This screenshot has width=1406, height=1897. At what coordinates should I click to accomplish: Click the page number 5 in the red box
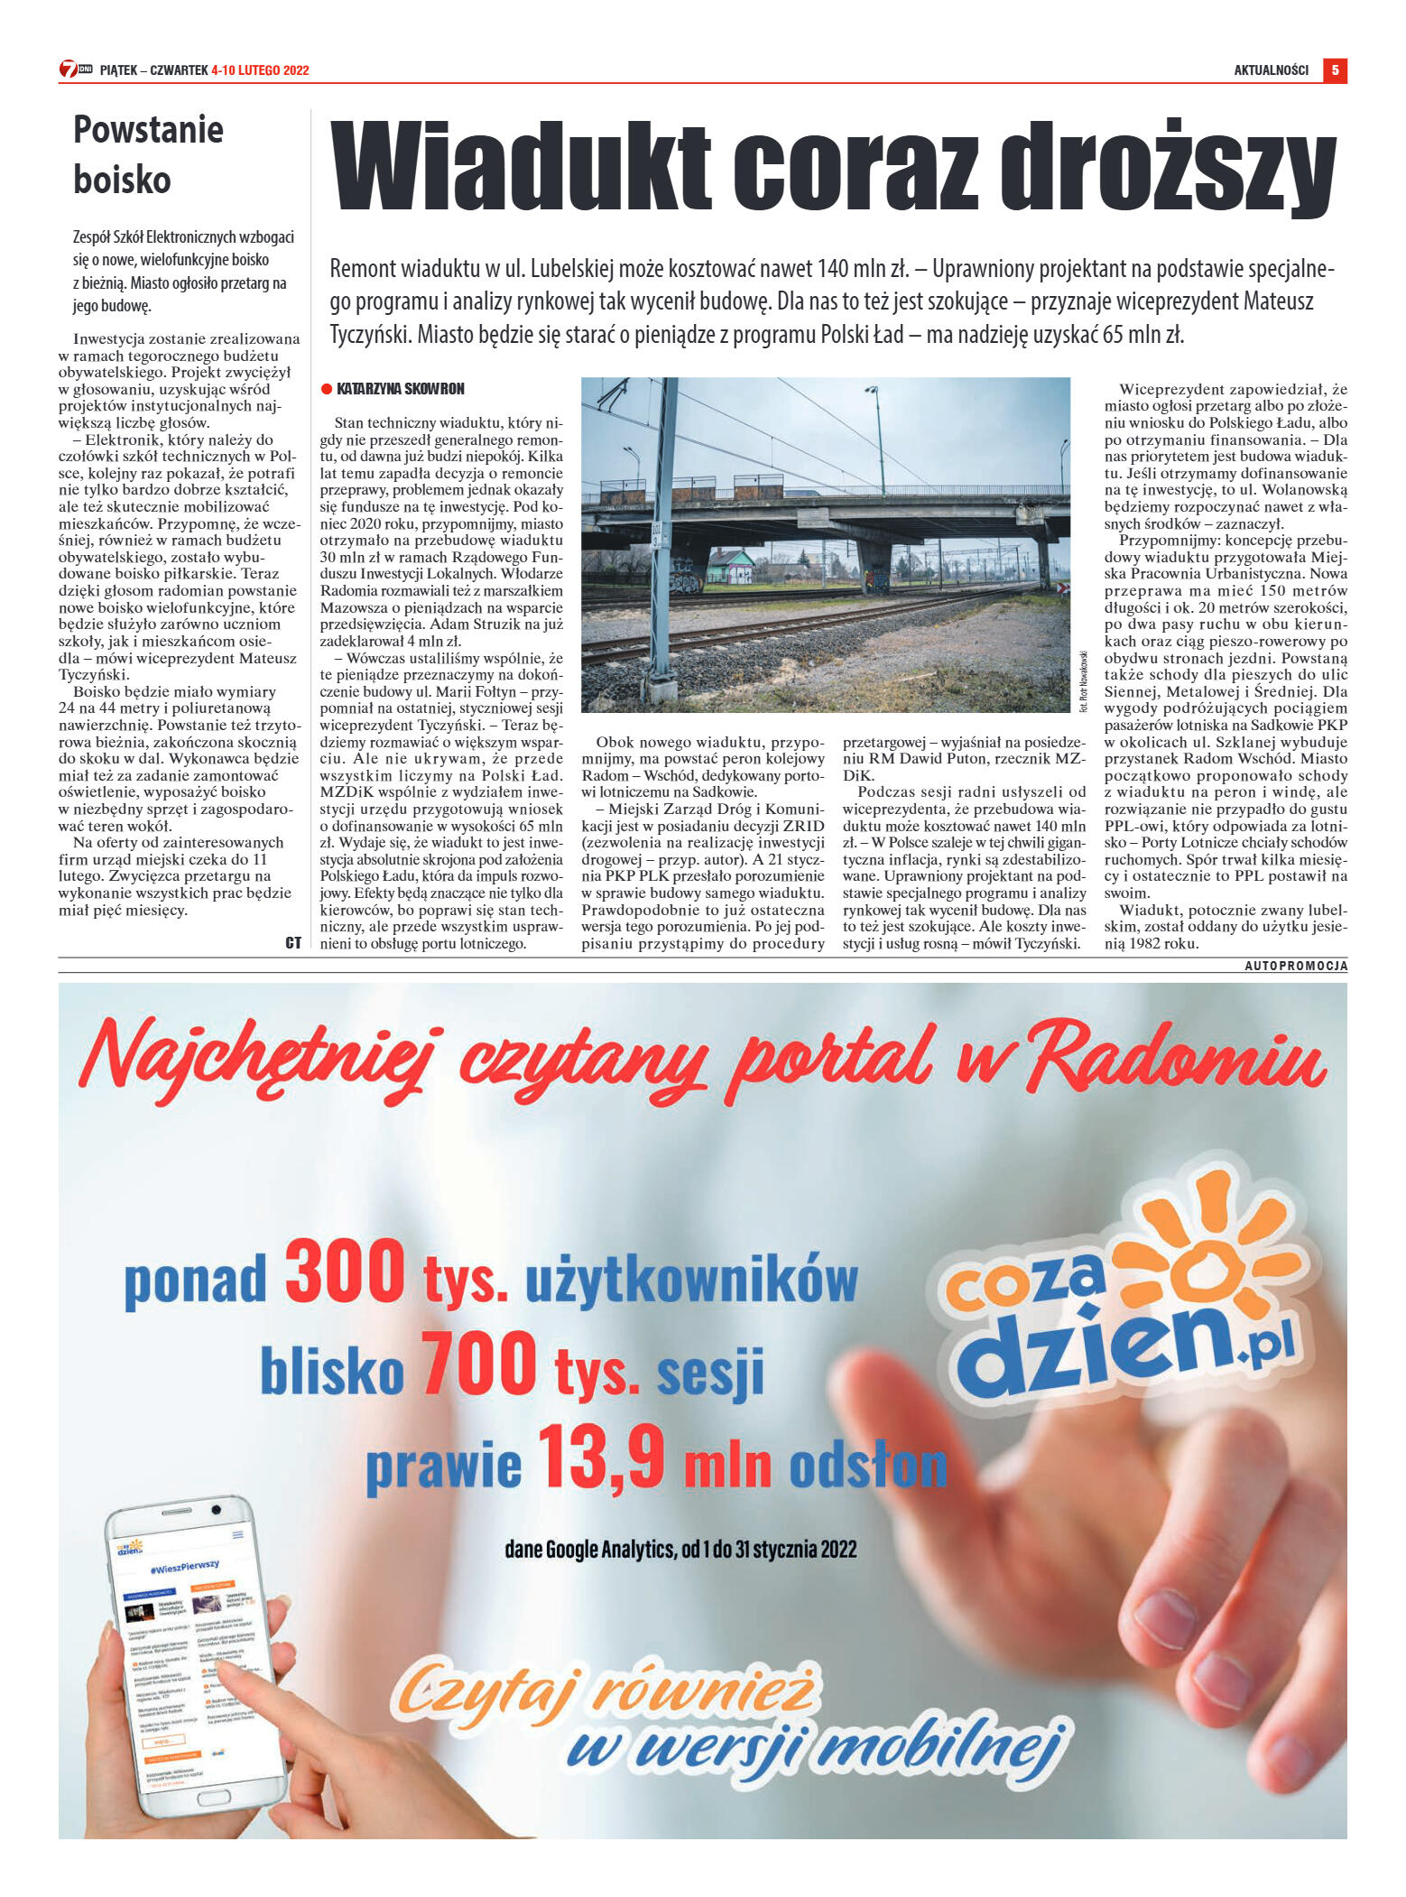[x=1334, y=69]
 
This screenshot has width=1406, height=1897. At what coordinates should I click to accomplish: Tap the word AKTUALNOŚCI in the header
[x=1271, y=70]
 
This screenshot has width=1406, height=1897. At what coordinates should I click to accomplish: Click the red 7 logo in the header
[x=69, y=69]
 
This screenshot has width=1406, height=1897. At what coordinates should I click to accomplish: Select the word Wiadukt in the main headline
[x=521, y=167]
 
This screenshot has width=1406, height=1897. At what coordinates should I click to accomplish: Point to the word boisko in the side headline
[x=122, y=180]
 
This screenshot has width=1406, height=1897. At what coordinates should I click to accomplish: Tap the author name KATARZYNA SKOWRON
[x=400, y=389]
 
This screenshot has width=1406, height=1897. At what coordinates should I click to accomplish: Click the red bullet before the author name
[x=327, y=389]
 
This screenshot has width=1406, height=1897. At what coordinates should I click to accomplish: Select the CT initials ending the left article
[x=292, y=942]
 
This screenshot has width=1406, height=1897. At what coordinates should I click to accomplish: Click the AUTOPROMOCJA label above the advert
[x=1296, y=966]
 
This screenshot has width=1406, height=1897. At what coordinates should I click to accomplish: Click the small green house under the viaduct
[x=730, y=566]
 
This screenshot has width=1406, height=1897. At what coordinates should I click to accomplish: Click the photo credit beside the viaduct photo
[x=1083, y=681]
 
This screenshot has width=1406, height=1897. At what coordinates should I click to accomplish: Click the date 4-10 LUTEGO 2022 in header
[x=260, y=70]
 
